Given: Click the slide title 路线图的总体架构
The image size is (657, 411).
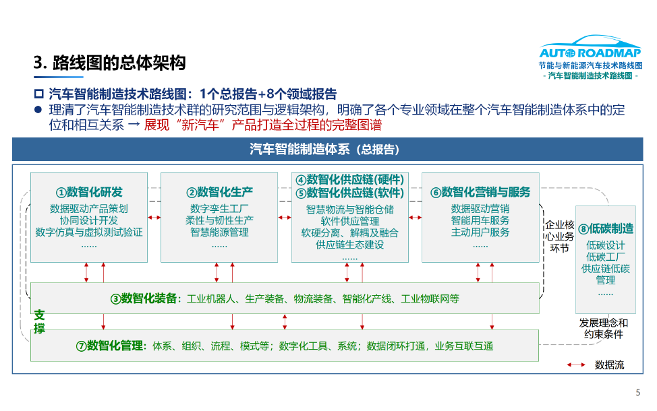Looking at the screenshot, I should (109, 64).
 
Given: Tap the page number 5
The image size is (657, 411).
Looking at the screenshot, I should (638, 393).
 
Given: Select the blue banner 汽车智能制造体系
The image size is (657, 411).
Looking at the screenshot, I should (327, 150).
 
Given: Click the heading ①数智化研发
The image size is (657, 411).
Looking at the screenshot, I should (89, 192).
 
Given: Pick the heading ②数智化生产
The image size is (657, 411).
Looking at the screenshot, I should (219, 192).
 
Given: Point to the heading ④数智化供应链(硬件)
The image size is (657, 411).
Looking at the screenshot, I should (349, 180).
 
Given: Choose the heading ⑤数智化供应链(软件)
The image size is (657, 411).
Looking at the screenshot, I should (349, 193).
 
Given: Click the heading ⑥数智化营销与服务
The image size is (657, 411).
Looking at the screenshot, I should (480, 192).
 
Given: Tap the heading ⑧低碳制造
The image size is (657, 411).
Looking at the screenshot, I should (606, 228).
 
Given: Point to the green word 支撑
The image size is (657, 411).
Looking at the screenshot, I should (40, 321).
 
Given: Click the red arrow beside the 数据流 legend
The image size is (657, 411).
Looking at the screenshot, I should (576, 365).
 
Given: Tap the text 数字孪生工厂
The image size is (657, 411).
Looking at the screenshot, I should (219, 209).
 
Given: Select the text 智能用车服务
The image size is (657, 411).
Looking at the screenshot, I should (480, 220).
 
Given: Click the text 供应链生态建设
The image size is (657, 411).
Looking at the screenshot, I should (349, 245).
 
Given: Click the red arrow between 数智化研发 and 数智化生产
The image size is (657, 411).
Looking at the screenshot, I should (154, 218).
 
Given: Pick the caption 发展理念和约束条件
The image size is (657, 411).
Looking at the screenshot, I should (604, 328).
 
